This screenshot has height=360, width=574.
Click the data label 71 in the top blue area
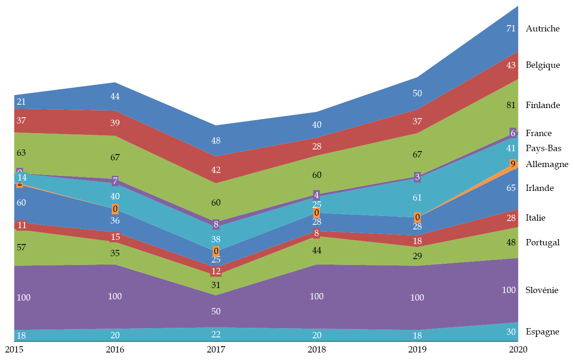tap(511, 29)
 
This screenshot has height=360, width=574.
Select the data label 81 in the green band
tap(511, 105)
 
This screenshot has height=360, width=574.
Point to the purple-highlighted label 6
tap(513, 133)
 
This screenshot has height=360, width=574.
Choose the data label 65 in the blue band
tap(511, 188)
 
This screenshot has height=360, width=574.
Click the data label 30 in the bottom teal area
tap(511, 332)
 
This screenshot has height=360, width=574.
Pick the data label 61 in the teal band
tap(417, 198)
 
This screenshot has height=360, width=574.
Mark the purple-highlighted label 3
tap(417, 177)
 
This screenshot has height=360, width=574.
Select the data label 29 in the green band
tap(417, 256)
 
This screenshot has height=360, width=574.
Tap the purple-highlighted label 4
tap(317, 195)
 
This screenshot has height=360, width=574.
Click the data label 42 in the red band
tap(216, 170)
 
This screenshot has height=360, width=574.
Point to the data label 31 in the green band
tap(216, 285)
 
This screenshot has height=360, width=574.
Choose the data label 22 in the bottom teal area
tap(216, 334)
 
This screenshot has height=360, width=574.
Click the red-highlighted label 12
tap(216, 271)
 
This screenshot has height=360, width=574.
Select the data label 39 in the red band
tap(115, 123)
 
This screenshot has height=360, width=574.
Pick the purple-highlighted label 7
tap(115, 181)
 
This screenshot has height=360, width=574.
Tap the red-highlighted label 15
tap(115, 237)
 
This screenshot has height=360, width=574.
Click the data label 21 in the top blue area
tap(21, 102)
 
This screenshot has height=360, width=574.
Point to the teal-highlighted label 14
tap(22, 177)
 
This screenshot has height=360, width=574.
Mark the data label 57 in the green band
tap(21, 247)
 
